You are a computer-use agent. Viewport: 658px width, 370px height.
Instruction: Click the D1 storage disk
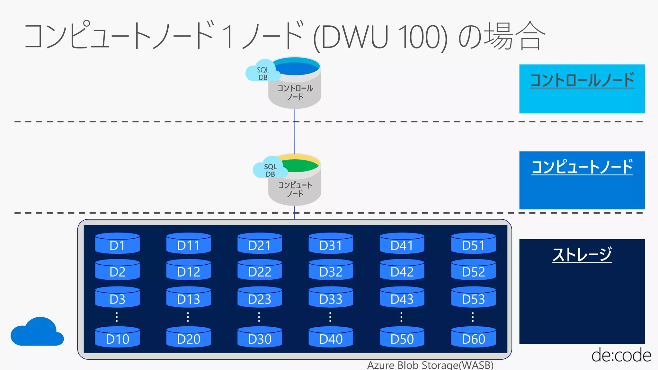[x=117, y=243]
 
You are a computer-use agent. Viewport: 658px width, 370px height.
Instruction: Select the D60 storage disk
[x=473, y=337]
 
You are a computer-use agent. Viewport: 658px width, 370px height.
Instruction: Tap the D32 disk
[x=331, y=270]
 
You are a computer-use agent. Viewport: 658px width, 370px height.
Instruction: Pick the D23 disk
[x=260, y=297]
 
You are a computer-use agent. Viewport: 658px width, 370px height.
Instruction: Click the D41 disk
[x=402, y=243]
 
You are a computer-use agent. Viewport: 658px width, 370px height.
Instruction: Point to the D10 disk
[x=117, y=337]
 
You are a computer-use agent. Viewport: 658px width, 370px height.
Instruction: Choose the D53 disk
[x=473, y=297]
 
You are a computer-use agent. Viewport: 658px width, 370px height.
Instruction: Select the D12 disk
[x=189, y=270]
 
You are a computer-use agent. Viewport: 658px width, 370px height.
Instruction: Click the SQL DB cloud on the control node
[x=262, y=71]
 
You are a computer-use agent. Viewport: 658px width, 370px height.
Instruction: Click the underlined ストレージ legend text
[x=582, y=254]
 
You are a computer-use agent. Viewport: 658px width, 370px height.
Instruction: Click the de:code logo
[x=621, y=355]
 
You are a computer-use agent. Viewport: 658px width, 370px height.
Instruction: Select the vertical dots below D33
[x=330, y=317]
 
